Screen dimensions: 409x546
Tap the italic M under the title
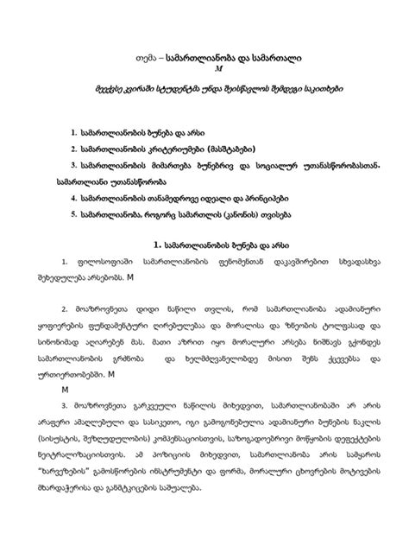(204, 68)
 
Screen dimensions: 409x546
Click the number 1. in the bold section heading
(152, 245)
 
